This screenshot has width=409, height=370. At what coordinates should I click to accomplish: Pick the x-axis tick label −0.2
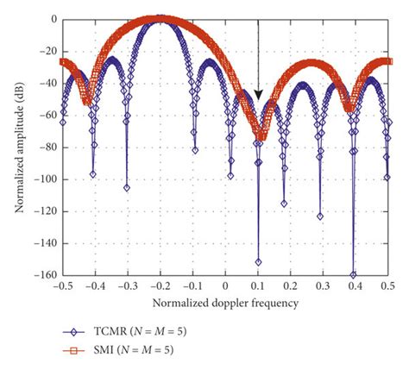coord(160,285)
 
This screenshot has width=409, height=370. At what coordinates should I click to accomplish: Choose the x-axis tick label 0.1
coord(258,285)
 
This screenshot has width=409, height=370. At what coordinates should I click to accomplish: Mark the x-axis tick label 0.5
coord(388,285)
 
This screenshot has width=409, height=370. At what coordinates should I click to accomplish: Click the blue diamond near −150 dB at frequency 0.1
coord(258,261)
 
